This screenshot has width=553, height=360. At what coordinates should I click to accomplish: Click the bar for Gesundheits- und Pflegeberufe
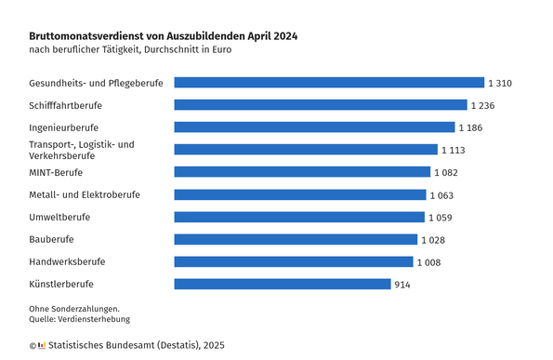click(x=329, y=83)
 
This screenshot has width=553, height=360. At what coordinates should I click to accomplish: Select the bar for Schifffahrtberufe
click(x=321, y=105)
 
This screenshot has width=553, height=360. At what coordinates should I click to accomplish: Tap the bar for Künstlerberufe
click(x=283, y=284)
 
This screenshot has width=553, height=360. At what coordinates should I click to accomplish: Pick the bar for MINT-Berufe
click(x=302, y=172)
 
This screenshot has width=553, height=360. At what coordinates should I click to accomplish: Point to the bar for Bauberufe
click(x=296, y=239)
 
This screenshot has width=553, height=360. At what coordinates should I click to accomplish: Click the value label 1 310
click(x=500, y=84)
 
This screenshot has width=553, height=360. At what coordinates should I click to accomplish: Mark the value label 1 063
click(x=441, y=195)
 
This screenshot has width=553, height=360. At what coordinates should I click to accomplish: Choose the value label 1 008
click(x=428, y=262)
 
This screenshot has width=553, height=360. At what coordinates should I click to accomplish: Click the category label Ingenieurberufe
click(x=64, y=127)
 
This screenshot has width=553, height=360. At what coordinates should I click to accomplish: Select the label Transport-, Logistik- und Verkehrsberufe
click(x=82, y=150)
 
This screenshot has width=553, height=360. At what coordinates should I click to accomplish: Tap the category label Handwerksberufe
click(x=67, y=261)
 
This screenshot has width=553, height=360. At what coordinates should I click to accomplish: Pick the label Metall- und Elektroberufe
click(x=85, y=194)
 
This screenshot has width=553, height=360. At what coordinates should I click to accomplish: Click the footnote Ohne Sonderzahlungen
click(x=74, y=308)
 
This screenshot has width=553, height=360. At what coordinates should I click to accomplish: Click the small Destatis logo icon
click(x=42, y=345)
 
